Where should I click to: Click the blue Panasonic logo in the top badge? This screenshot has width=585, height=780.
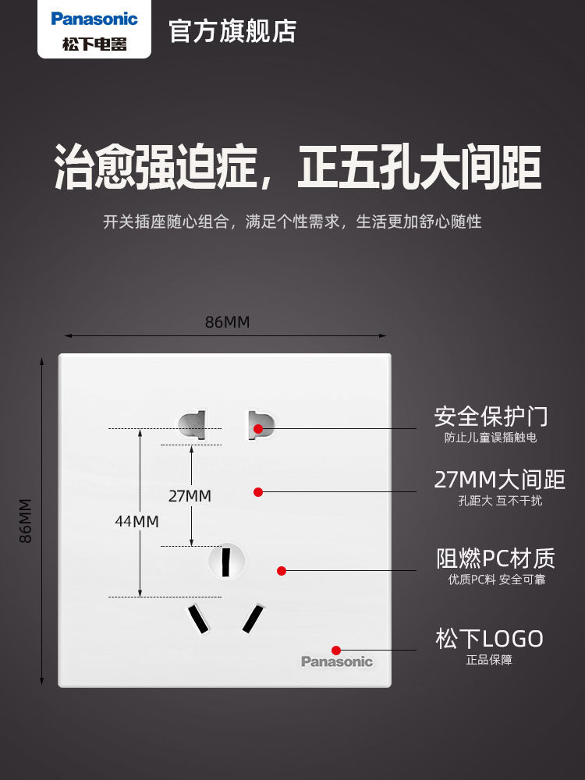(94, 19)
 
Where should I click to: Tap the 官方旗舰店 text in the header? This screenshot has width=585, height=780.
(232, 30)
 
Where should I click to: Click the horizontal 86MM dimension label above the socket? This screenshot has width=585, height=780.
(227, 322)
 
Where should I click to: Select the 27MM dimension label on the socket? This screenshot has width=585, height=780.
(190, 495)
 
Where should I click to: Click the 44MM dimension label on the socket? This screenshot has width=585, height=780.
(136, 520)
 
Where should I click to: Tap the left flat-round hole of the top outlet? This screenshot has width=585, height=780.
(191, 426)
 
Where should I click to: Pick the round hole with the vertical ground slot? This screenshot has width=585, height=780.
(226, 560)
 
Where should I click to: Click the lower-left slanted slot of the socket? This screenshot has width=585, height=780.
(197, 619)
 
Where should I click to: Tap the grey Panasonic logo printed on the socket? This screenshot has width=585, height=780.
(337, 661)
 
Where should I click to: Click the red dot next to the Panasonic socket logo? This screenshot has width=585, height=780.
(336, 650)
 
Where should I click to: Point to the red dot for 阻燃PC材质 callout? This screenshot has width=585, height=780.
(282, 570)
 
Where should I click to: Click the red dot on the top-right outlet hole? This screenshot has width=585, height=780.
(258, 428)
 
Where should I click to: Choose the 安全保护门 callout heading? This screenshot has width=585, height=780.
(491, 416)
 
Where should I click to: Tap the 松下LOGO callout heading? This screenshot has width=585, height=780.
(489, 639)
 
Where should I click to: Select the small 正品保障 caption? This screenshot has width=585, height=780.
(489, 660)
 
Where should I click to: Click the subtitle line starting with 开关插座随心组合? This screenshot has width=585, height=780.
(292, 222)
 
